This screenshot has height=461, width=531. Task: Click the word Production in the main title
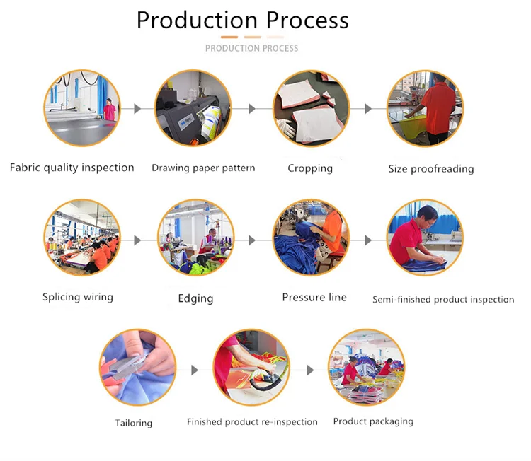(x=197, y=21)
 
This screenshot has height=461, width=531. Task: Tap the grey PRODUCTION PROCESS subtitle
(x=251, y=48)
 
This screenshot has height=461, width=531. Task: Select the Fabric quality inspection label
(x=72, y=168)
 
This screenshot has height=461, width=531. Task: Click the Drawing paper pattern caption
(x=203, y=168)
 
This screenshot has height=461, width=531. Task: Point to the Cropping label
(x=310, y=168)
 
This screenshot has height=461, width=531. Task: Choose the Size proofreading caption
(x=431, y=169)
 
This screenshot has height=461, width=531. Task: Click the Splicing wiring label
(x=78, y=297)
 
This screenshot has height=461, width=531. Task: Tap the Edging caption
(x=195, y=298)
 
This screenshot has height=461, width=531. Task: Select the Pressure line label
(x=314, y=297)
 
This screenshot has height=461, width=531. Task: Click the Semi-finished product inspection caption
(x=443, y=300)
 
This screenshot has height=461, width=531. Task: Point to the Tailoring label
(x=134, y=423)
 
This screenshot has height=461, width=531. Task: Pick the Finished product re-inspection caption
(x=252, y=422)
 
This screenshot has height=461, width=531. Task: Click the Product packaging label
(x=373, y=421)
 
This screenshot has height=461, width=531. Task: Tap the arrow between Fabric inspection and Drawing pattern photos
(x=137, y=109)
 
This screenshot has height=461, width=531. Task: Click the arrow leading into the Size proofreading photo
(x=368, y=109)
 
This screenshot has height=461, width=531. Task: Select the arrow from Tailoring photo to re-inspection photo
(x=195, y=370)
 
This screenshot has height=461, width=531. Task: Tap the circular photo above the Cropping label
(x=311, y=109)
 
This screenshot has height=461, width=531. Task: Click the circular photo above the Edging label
(x=195, y=238)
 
